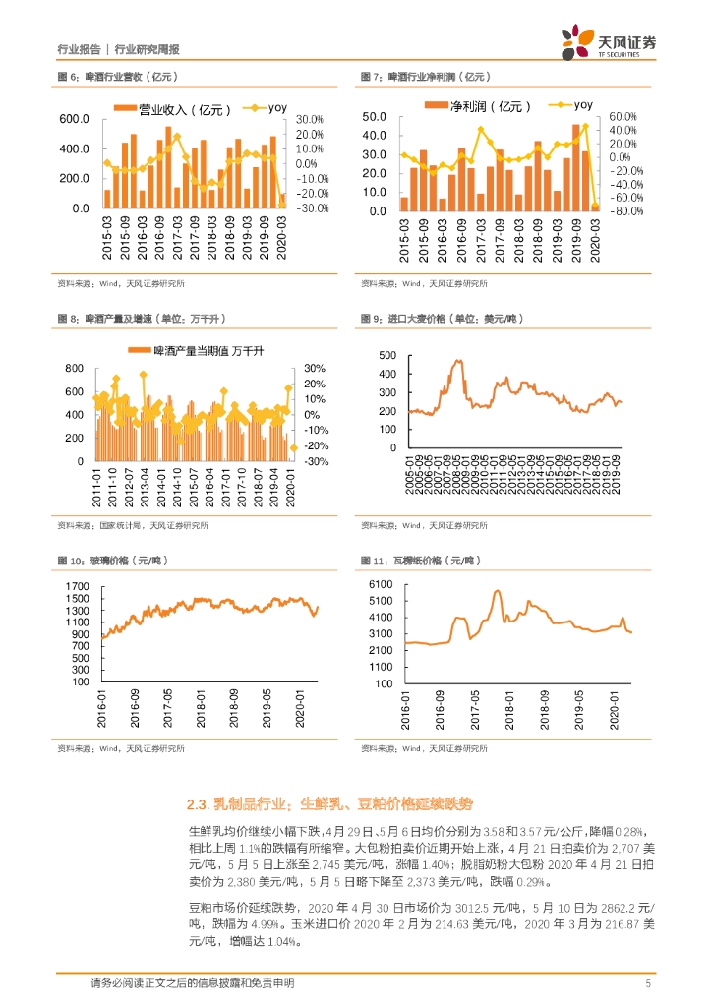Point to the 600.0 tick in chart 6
coord(75,119)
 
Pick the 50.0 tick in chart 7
coord(374,117)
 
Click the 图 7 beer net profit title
coord(425,76)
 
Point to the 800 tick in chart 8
coord(75,368)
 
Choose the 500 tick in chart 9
coord(386,355)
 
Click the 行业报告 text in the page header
coord(80,49)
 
